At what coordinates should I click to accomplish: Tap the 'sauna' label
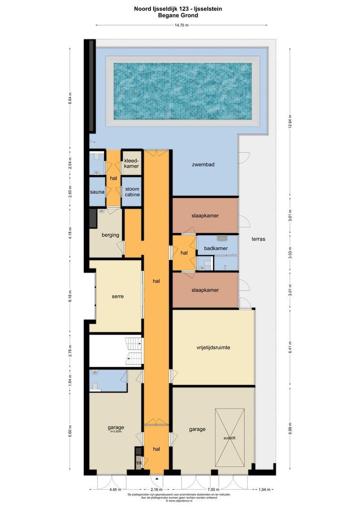click(97, 192)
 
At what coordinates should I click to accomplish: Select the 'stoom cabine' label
click(132, 192)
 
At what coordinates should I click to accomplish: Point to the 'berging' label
click(110, 235)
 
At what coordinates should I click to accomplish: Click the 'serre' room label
click(118, 296)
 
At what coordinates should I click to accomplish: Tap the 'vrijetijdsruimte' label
click(213, 348)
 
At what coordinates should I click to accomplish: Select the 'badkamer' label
click(216, 248)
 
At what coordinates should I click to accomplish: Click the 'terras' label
click(258, 239)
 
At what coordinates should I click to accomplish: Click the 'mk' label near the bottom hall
click(139, 463)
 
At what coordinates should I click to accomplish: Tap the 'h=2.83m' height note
click(116, 431)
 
